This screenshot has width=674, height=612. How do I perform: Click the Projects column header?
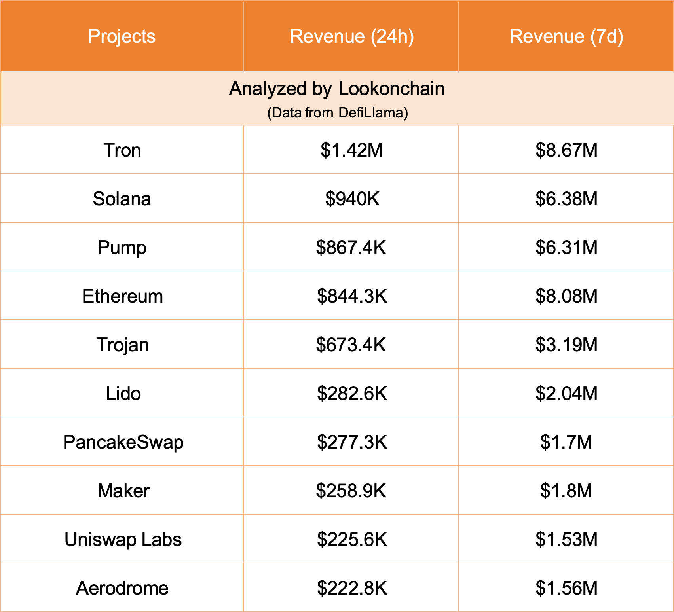122,36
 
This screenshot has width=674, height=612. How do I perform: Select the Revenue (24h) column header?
352,36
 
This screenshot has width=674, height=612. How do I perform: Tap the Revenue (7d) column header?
566,36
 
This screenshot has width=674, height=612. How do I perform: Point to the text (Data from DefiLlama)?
337,113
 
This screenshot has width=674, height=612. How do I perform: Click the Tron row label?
122,150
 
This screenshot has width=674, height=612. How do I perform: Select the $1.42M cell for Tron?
352,150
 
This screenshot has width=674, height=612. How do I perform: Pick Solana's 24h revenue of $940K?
352,199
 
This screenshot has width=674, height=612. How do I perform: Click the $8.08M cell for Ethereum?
566,296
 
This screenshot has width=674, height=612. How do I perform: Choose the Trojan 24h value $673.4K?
351,345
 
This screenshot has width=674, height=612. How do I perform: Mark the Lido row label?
123,394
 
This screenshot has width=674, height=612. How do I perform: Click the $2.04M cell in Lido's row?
566,394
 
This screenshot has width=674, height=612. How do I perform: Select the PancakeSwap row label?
123,442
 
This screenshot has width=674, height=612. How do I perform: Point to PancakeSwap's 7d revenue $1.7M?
566,442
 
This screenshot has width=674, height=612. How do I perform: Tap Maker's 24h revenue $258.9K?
351,491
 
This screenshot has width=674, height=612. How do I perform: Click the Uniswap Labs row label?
123,540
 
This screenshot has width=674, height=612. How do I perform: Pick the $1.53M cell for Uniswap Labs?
566,540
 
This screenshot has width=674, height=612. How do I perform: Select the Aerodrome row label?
122,588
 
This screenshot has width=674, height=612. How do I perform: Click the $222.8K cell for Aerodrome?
352,588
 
